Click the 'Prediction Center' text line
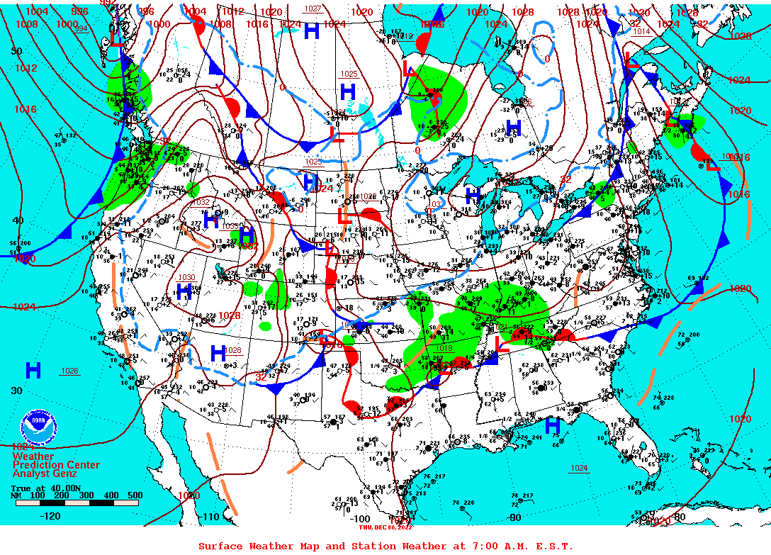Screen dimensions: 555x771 [56, 465]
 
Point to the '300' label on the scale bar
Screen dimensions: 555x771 [86, 495]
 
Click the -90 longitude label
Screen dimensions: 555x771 [515, 517]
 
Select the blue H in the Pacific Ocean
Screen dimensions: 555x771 [33, 370]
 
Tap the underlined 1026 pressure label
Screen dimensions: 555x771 [69, 371]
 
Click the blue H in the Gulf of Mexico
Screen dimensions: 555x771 [552, 425]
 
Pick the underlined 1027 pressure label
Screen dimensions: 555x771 [312, 9]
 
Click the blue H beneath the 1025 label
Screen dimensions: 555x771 [347, 91]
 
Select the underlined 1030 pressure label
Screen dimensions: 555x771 [186, 277]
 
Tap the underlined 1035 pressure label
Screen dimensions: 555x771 [230, 227]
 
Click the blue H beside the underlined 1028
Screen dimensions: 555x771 [218, 352]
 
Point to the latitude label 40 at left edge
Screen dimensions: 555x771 [17, 220]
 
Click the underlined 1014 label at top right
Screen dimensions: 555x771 [641, 32]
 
